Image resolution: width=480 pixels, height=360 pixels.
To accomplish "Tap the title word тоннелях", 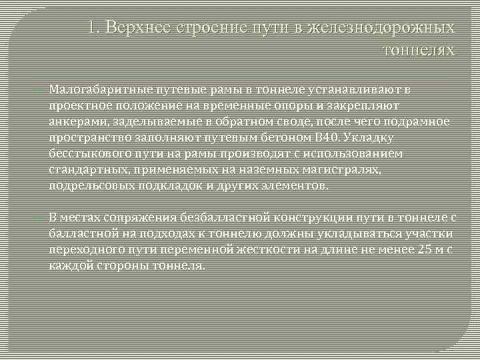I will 419,50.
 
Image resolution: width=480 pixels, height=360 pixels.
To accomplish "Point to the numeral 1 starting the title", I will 93,29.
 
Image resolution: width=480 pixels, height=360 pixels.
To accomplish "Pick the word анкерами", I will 74,122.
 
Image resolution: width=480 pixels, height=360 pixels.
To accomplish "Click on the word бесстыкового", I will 83,154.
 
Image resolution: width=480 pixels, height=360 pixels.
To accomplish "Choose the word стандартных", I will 83,170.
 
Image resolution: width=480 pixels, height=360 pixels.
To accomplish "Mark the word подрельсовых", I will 85,186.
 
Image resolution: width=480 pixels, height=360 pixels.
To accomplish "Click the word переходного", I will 83,250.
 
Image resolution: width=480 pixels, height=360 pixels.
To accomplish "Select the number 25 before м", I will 420,250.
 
